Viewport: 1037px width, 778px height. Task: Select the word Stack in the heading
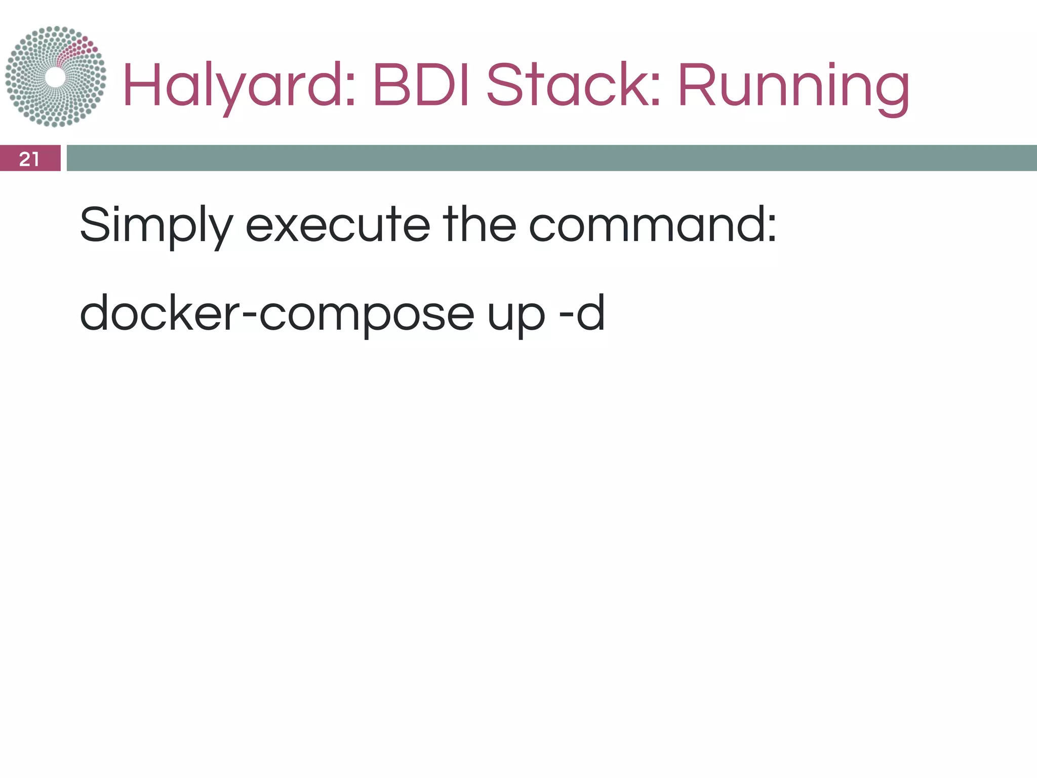click(567, 85)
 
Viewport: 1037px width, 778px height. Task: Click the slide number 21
click(29, 159)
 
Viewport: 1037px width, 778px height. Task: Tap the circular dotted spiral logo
click(56, 76)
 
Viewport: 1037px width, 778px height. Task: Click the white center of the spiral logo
click(55, 77)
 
